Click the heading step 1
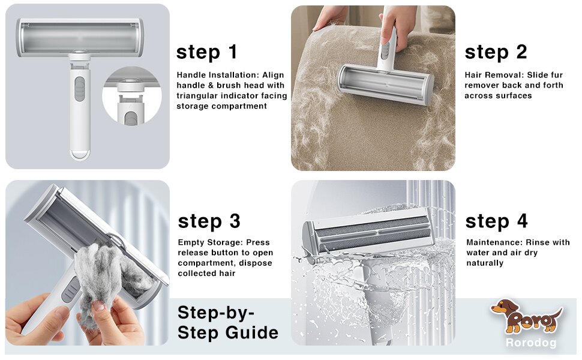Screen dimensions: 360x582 (206, 52)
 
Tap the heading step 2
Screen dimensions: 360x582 (495, 52)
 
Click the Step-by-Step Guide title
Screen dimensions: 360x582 (227, 322)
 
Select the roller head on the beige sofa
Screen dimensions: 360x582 (385, 84)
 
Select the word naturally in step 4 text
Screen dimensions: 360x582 (485, 263)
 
